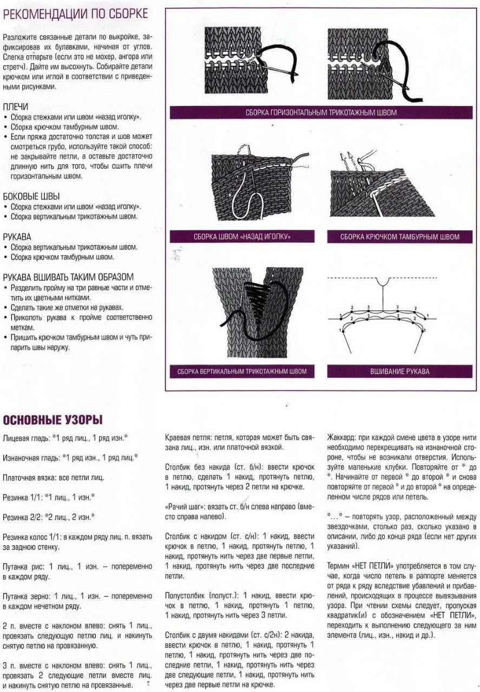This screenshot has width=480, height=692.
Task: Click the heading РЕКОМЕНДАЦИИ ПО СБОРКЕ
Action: (x=75, y=14)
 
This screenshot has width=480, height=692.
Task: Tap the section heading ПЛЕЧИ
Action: (x=16, y=107)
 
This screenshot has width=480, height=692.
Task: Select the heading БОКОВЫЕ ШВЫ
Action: (x=31, y=196)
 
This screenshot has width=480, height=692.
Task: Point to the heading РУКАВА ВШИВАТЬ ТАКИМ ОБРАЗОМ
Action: (x=68, y=277)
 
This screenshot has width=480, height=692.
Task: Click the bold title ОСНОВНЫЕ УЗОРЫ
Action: (x=52, y=420)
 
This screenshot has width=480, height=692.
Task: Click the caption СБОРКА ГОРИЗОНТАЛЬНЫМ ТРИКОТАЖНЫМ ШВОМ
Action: (x=321, y=112)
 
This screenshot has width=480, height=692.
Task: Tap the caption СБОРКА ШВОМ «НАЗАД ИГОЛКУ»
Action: (x=242, y=237)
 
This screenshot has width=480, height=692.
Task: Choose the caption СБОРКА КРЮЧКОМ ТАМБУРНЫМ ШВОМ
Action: (x=399, y=237)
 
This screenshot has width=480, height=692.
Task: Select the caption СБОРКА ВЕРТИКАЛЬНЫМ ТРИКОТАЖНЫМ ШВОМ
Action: (x=242, y=371)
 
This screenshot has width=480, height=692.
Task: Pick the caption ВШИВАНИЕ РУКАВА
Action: (x=399, y=371)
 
